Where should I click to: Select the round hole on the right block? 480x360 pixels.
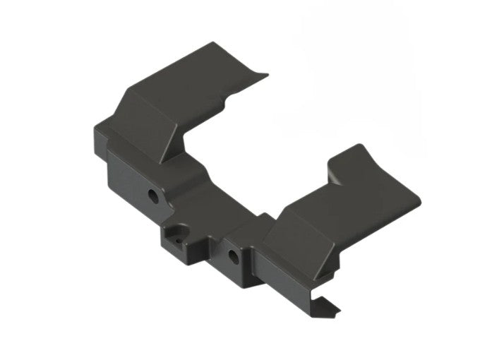tap(233, 253)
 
